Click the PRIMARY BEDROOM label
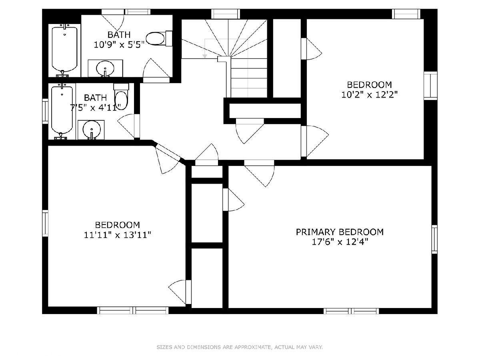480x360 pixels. click(340, 232)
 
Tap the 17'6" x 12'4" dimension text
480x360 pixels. click(340, 242)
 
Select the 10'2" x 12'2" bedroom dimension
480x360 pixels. click(369, 95)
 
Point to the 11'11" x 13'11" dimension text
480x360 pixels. click(118, 235)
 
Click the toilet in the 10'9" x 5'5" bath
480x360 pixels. click(159, 38)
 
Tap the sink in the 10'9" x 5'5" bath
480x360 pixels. click(105, 68)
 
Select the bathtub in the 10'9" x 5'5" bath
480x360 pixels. click(64, 50)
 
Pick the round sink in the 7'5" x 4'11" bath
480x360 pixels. click(92, 130)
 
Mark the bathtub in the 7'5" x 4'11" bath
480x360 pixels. click(62, 111)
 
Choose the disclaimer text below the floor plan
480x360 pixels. click(240, 347)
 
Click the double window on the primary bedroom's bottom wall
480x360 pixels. click(351, 311)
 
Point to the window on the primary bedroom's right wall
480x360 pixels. click(434, 239)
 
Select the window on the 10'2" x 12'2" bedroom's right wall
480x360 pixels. click(430, 86)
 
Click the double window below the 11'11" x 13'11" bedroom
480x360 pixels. click(133, 310)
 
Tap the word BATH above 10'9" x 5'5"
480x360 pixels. click(119, 35)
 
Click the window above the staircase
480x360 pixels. click(226, 14)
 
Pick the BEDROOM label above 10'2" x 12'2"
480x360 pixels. click(369, 84)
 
